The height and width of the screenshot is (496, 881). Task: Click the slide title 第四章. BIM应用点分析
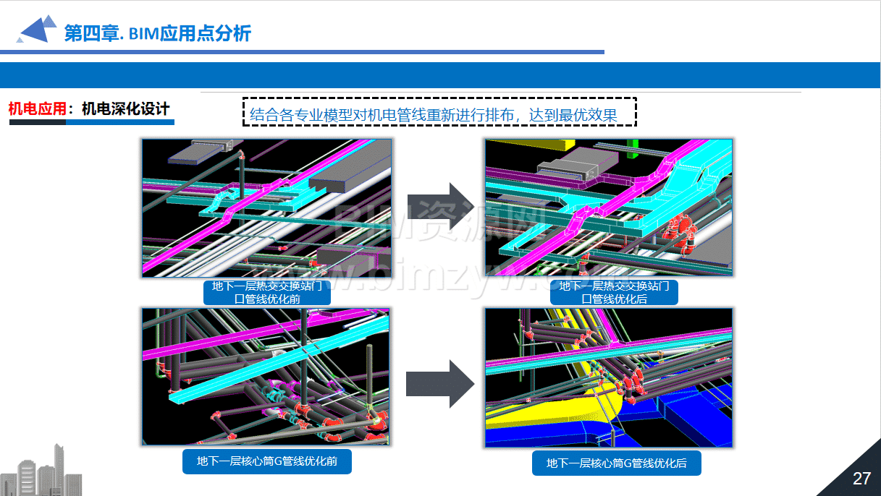[x=157, y=33]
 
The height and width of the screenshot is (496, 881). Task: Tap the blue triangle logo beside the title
[x=37, y=29]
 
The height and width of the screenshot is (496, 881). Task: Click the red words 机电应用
[x=38, y=108]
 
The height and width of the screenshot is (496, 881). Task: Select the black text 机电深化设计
[x=125, y=108]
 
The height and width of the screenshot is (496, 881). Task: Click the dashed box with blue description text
[x=439, y=112]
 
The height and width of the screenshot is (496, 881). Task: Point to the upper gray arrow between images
[x=440, y=206]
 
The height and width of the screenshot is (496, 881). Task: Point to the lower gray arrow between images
[x=440, y=384]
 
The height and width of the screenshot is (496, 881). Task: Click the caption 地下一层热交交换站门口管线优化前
[x=267, y=292]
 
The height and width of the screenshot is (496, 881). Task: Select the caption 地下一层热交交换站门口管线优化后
[x=614, y=292]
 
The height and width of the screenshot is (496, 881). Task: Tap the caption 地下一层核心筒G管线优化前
[x=267, y=461]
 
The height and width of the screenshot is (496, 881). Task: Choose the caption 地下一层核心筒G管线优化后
[x=616, y=463]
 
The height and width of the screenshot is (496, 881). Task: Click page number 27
[x=861, y=479]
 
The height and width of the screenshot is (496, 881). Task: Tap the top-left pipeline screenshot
[x=267, y=208]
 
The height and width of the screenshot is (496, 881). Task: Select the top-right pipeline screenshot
[x=609, y=208]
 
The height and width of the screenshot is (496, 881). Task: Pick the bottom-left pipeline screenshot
[x=266, y=377]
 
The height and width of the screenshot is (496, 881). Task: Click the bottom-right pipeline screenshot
[x=609, y=377]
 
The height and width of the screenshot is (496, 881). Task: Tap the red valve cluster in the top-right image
[x=680, y=231]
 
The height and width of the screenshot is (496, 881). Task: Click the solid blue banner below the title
[x=440, y=75]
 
